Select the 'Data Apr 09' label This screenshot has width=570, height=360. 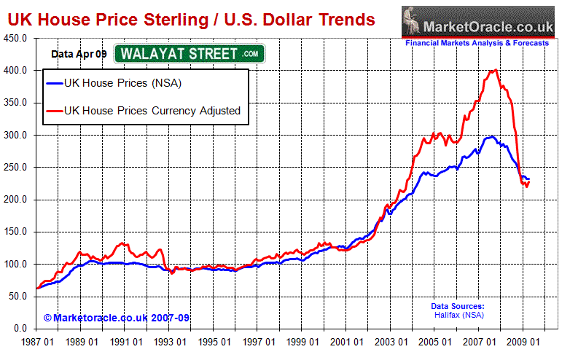(78, 53)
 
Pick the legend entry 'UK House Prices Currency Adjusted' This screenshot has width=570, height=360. (152, 111)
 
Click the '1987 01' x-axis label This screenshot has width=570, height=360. (35, 341)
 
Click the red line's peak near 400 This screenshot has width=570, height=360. (496, 70)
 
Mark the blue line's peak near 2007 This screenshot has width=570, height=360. (491, 137)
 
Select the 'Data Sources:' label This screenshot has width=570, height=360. (458, 306)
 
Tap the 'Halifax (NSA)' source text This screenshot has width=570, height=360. (458, 315)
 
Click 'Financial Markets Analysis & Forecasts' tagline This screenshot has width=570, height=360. (477, 44)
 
